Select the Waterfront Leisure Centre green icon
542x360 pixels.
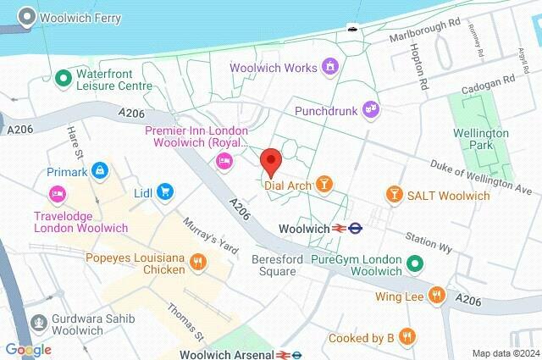point(62,78)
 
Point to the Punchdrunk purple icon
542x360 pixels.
point(369,108)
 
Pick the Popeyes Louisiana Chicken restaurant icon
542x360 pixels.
point(198,261)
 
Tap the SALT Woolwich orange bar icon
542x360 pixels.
point(394,196)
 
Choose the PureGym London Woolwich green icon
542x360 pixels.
point(414,263)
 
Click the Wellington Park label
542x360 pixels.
point(480,141)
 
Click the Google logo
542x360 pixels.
point(28,350)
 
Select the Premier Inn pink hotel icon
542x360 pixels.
point(224,162)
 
